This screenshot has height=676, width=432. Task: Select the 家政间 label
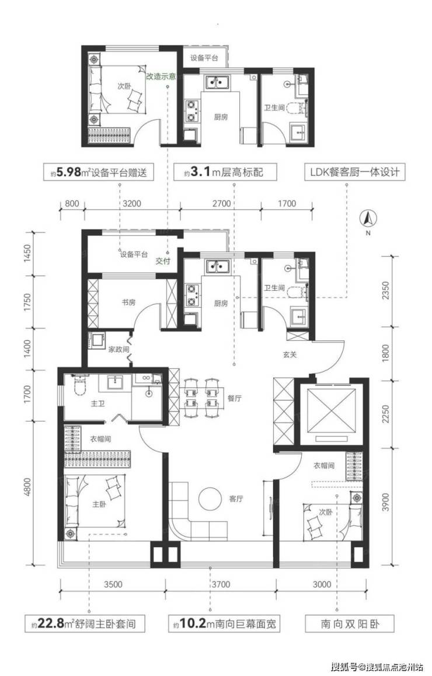(x=118, y=349)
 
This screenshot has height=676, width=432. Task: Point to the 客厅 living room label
(x=236, y=499)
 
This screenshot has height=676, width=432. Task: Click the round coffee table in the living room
(x=208, y=499)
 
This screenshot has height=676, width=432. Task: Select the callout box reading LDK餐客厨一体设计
(x=347, y=173)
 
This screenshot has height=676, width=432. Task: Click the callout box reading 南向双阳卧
(x=342, y=625)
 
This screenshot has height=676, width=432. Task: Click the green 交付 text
(x=162, y=262)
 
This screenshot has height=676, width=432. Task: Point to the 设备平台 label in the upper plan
(x=204, y=58)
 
